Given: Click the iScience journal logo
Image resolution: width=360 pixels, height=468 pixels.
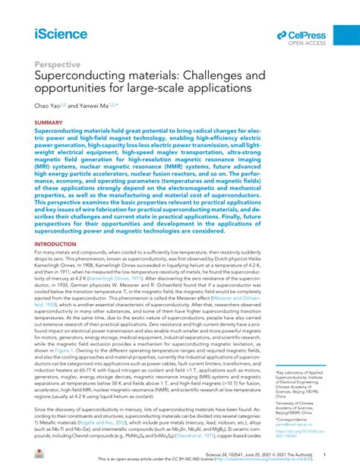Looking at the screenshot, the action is coord(60,33).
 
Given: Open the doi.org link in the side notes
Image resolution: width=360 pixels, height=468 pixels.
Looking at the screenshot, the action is coord(297,400).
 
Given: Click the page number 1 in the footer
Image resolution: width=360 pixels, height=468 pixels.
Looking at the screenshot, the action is coord(324,454).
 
